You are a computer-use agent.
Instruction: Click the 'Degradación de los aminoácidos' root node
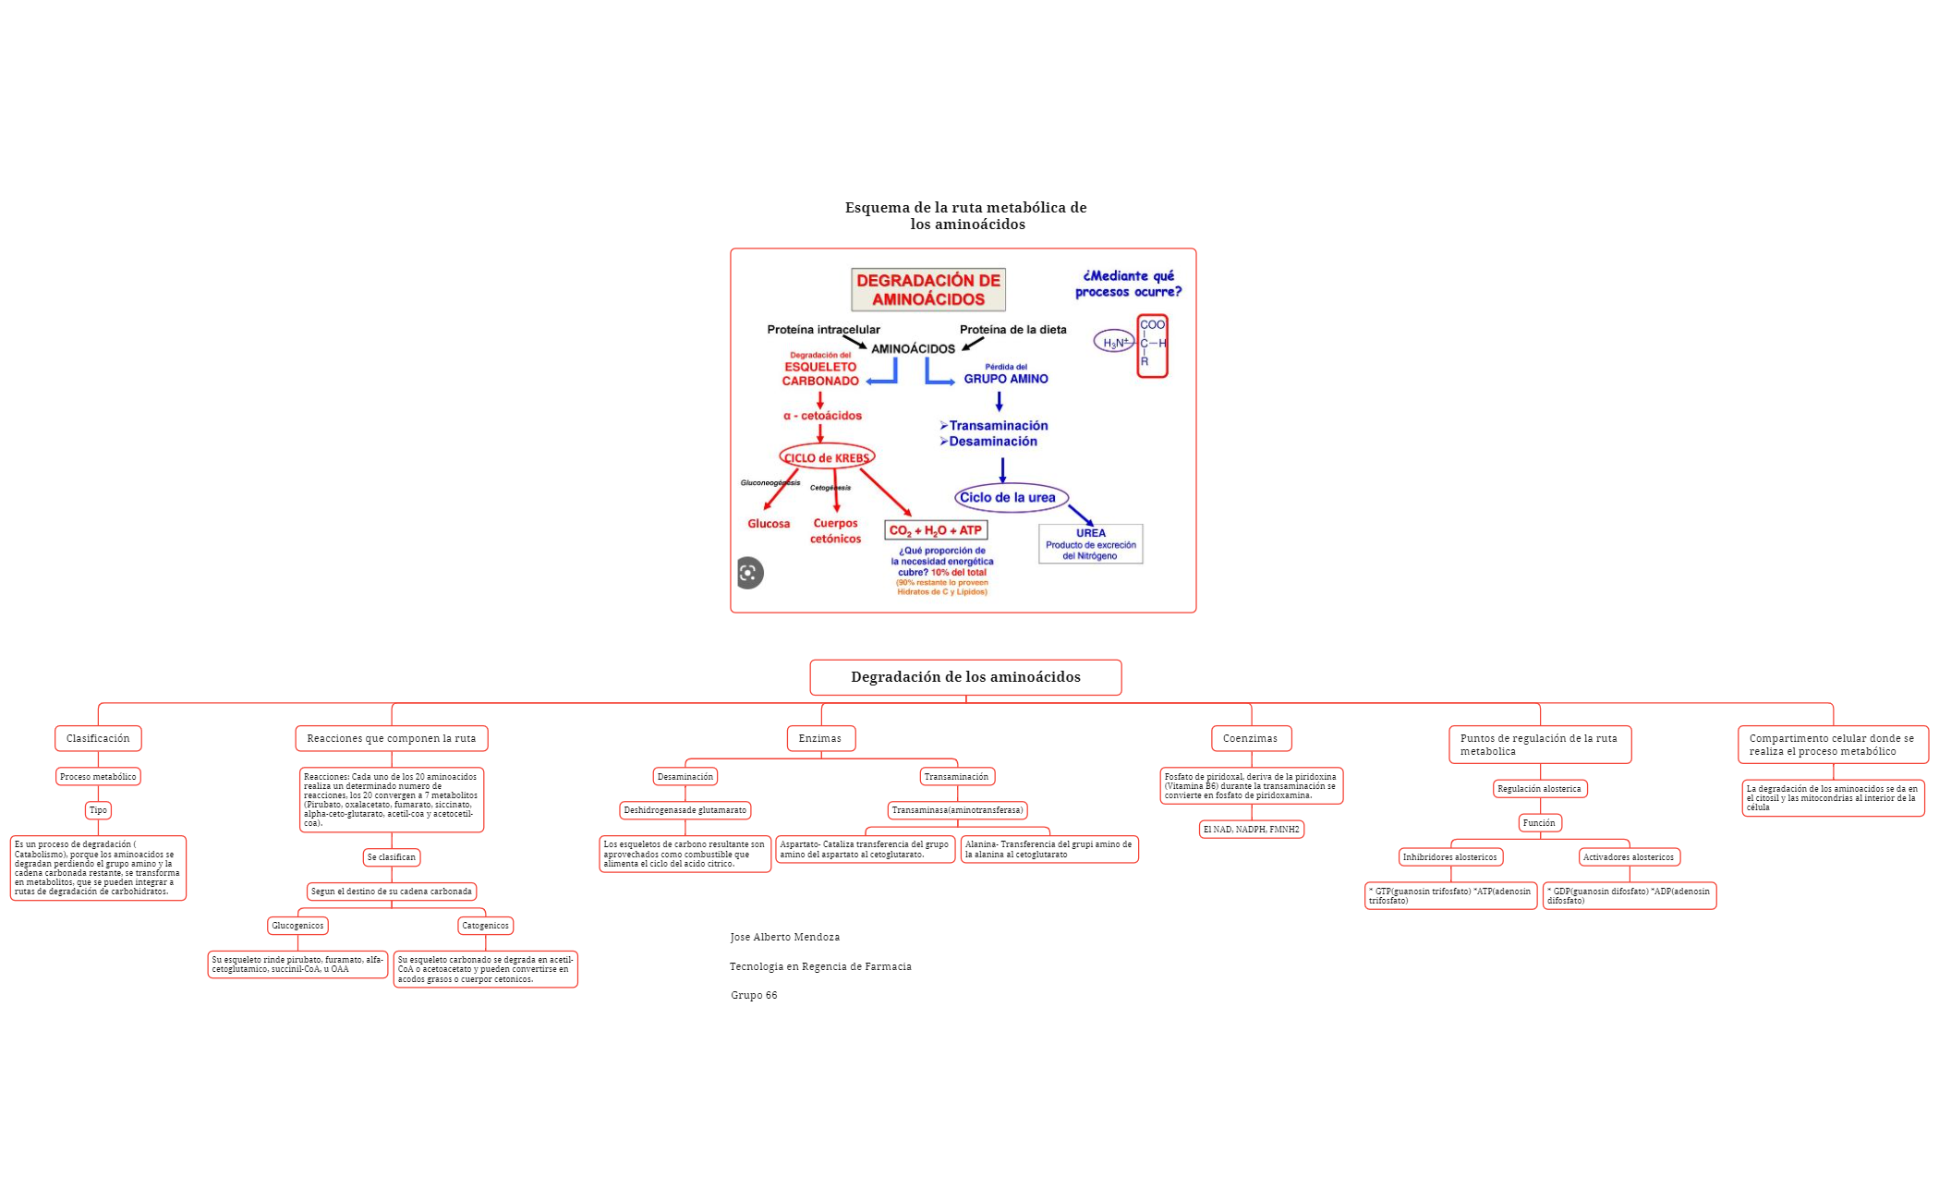click(965, 677)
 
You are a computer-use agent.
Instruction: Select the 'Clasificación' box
click(98, 738)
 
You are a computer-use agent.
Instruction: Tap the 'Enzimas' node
click(820, 738)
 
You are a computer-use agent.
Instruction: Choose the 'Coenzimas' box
click(1250, 738)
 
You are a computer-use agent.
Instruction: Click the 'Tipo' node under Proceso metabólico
click(98, 810)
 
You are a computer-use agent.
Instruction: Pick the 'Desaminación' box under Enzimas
click(685, 777)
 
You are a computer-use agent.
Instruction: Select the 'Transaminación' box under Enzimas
click(956, 777)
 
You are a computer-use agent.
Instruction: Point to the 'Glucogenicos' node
click(297, 926)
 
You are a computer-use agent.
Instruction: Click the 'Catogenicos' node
click(485, 926)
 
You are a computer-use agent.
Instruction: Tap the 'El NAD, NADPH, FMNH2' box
click(1251, 830)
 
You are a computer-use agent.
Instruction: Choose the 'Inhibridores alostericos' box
click(1449, 857)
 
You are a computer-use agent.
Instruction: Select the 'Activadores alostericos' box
click(1629, 857)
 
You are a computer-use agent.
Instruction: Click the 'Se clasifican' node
click(391, 857)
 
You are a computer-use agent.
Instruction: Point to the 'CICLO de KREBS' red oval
click(827, 457)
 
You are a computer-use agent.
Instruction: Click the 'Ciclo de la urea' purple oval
click(1011, 497)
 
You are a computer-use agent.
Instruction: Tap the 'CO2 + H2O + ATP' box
click(936, 530)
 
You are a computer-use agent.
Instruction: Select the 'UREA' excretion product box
click(1090, 544)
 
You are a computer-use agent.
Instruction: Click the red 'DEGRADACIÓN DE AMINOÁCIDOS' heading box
click(927, 290)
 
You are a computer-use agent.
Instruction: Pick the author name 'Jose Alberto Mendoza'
click(784, 937)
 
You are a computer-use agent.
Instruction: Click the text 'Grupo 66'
click(754, 995)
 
